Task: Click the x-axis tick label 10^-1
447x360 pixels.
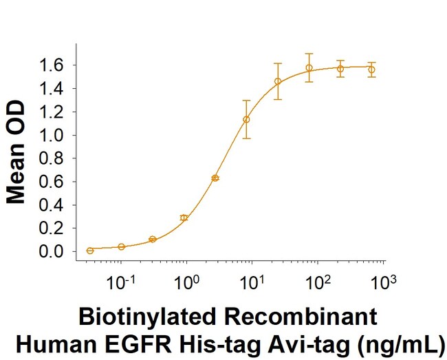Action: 124,281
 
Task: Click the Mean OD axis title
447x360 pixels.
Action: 17,153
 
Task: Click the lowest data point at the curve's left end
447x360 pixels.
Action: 90,251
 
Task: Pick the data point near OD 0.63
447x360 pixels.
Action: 215,178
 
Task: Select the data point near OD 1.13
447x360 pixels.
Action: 246,119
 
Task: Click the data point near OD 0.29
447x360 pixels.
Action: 184,218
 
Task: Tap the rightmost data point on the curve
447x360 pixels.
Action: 371,70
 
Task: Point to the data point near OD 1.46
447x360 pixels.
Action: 278,81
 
